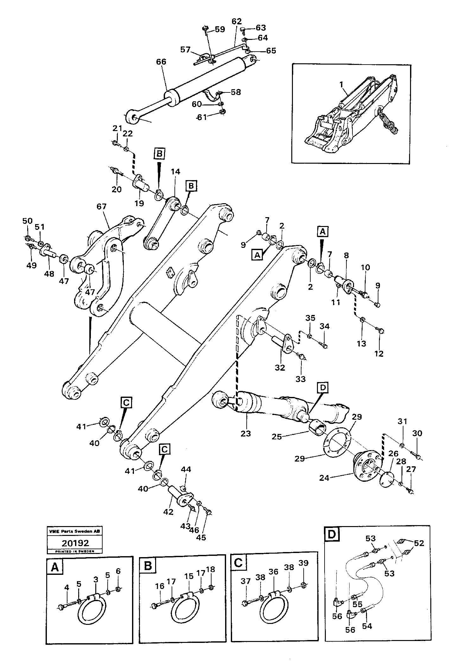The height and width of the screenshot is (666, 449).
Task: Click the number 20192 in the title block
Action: [75, 543]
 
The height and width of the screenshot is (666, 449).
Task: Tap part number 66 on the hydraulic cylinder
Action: [161, 62]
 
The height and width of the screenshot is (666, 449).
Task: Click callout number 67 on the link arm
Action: [101, 207]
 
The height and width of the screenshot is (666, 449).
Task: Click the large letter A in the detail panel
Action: [54, 568]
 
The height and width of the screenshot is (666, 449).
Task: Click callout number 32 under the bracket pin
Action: [280, 368]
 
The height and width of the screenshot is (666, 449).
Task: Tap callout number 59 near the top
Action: [219, 29]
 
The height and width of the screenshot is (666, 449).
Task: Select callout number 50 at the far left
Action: [27, 220]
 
